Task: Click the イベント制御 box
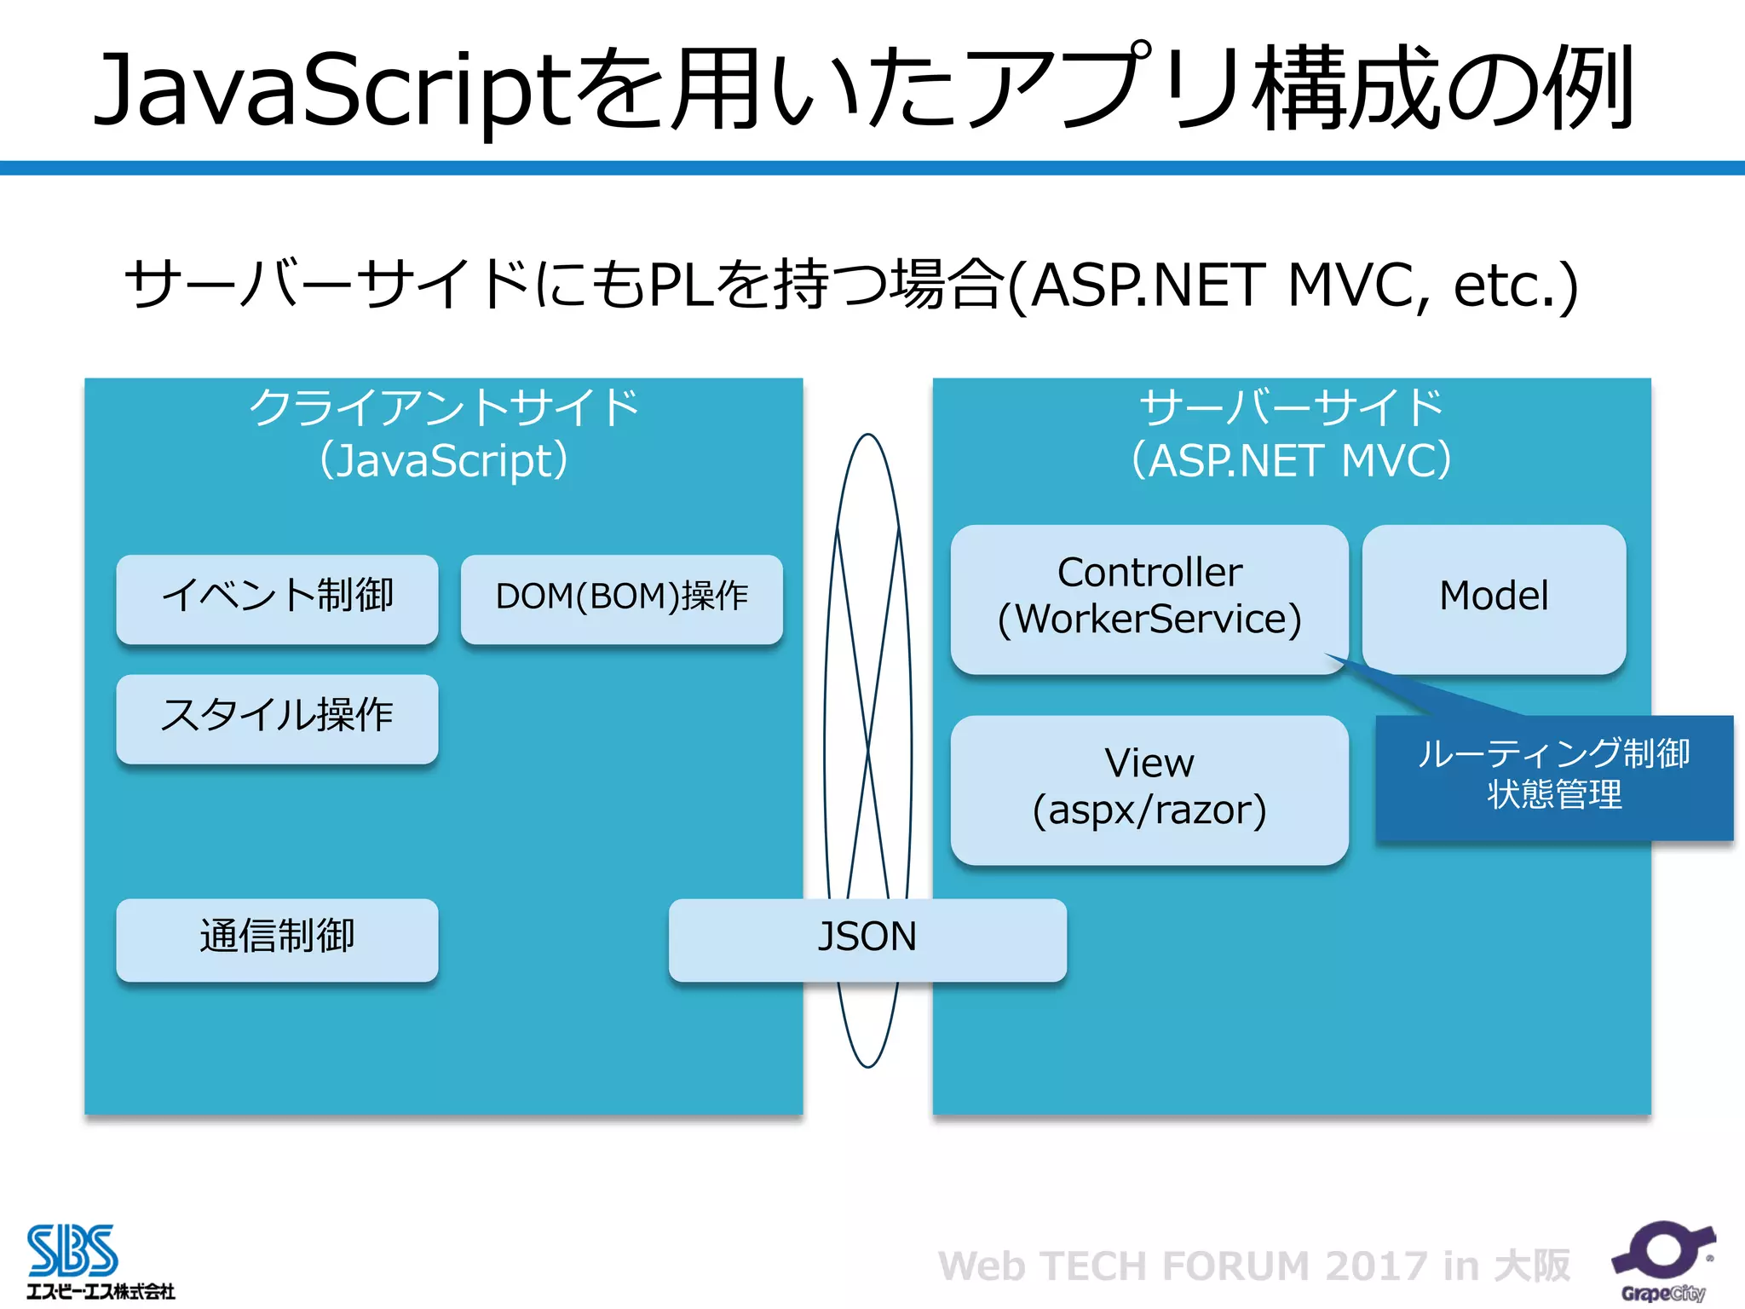pos(277,598)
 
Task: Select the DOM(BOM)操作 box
pos(621,598)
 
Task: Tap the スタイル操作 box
pos(277,718)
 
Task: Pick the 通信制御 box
pos(277,938)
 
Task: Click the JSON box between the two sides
pos(867,938)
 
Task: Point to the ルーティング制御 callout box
pos(1553,776)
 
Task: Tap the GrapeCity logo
pos(1661,1260)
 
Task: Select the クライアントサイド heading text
pos(443,408)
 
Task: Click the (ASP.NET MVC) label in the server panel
pos(1291,461)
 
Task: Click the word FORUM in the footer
pos(1235,1266)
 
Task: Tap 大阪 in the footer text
pos(1531,1266)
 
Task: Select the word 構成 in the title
pos(1346,90)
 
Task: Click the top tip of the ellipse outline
pos(867,435)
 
